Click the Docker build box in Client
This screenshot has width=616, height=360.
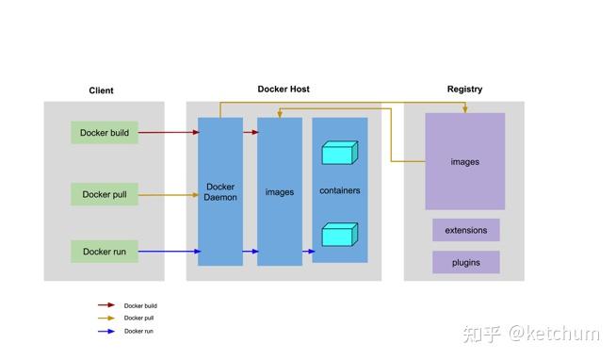point(105,133)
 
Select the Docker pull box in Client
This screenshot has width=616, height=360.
point(105,195)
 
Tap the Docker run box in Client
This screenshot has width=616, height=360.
point(105,252)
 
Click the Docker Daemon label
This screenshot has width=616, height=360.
point(221,191)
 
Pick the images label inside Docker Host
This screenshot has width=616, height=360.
point(280,192)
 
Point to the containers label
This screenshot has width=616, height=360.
point(339,190)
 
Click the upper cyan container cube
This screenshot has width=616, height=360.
point(339,153)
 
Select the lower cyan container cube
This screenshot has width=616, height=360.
point(339,234)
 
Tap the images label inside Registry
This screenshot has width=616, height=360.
point(464,162)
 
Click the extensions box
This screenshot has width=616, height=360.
point(466,230)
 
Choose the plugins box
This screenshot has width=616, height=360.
point(466,263)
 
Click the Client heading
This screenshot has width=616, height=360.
point(101,90)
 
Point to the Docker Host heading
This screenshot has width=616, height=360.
point(284,90)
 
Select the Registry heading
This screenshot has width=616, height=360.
point(464,90)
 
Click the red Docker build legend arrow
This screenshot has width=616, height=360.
point(106,305)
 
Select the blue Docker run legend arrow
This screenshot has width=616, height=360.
point(106,331)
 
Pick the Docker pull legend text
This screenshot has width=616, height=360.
point(139,319)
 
